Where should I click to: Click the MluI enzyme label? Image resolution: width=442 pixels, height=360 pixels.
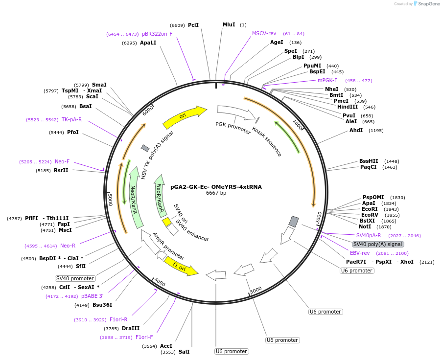(x=229, y=25)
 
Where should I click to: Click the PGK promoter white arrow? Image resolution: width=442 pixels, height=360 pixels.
(x=236, y=112)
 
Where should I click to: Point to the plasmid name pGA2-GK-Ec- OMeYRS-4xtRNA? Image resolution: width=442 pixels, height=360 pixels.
(x=216, y=187)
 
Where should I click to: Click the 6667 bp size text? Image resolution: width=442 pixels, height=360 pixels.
(x=216, y=193)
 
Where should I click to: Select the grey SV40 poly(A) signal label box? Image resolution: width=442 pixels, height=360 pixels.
(x=378, y=244)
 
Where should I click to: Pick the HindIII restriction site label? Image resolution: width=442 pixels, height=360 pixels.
(x=348, y=107)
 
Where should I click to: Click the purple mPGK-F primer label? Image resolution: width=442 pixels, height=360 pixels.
(x=327, y=80)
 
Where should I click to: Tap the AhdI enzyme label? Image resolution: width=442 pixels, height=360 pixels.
(x=356, y=130)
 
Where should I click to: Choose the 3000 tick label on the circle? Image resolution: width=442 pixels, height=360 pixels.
(x=256, y=290)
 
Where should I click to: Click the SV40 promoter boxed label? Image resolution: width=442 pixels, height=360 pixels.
(x=75, y=278)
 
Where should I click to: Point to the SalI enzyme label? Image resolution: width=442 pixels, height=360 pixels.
(x=184, y=352)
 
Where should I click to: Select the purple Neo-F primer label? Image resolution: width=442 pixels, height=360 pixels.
(x=62, y=161)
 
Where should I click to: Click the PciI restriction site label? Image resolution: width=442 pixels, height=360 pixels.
(x=193, y=25)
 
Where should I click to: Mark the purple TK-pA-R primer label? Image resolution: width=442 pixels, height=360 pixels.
(x=71, y=119)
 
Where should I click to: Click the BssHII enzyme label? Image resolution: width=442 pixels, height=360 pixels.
(x=369, y=161)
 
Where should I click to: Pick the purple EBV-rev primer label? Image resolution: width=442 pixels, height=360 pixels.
(x=360, y=253)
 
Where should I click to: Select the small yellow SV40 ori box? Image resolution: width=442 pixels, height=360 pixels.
(x=166, y=222)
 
